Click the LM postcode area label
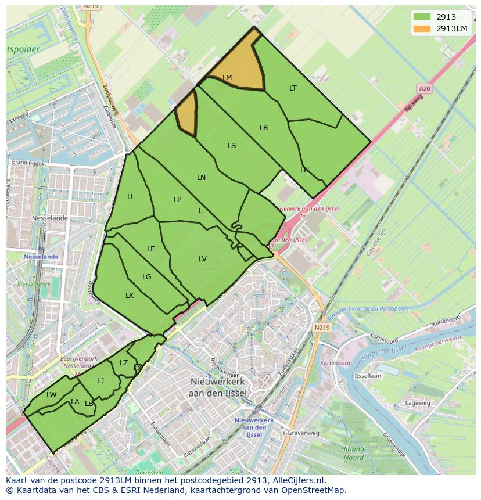click(227, 78)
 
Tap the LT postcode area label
click(293, 88)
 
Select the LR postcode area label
click(264, 128)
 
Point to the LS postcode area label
click(232, 146)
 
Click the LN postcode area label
click(201, 178)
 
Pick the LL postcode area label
click(131, 197)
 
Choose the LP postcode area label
click(178, 200)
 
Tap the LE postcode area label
click(151, 249)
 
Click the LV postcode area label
click(203, 259)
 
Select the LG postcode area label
click(147, 277)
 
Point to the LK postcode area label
click(130, 296)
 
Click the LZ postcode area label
click(124, 363)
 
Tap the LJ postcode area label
click(100, 381)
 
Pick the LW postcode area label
click(52, 395)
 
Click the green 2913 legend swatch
click(422, 17)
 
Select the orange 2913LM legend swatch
click(422, 29)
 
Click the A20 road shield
click(425, 88)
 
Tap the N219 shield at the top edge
click(90, 6)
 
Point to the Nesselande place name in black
click(50, 218)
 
